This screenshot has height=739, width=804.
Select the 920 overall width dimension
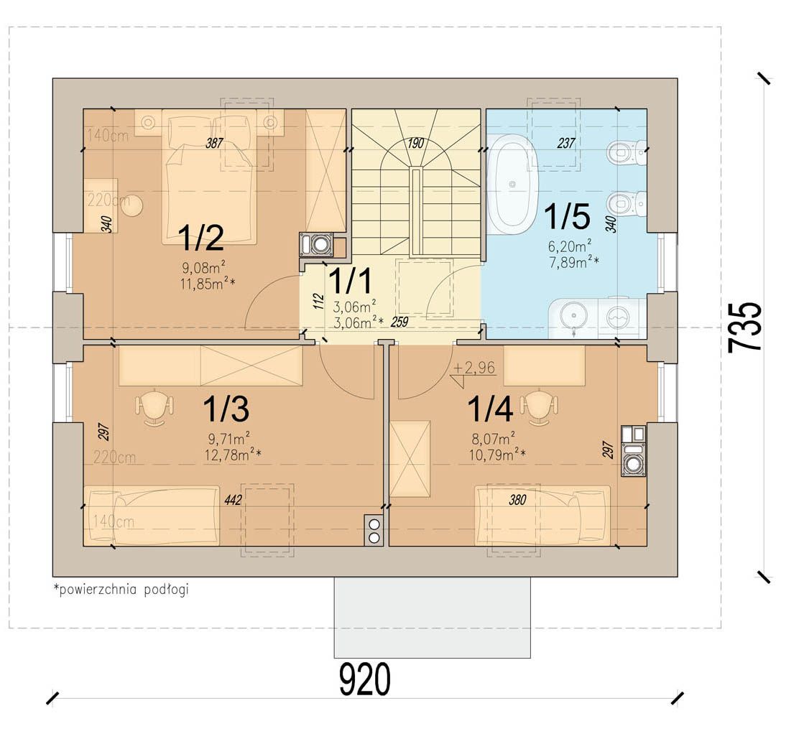[365, 679]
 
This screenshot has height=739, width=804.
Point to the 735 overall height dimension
[745, 327]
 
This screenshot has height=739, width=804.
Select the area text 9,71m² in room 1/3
[228, 439]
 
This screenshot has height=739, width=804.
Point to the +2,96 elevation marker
[474, 368]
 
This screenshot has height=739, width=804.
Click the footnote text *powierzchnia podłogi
[121, 590]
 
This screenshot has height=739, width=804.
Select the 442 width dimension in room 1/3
[233, 500]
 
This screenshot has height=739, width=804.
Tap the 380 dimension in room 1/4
[517, 499]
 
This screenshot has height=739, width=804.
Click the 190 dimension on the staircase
[416, 143]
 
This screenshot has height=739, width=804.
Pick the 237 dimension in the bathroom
[566, 143]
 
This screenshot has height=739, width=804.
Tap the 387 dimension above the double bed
[214, 143]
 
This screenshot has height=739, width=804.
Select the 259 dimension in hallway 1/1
[399, 322]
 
